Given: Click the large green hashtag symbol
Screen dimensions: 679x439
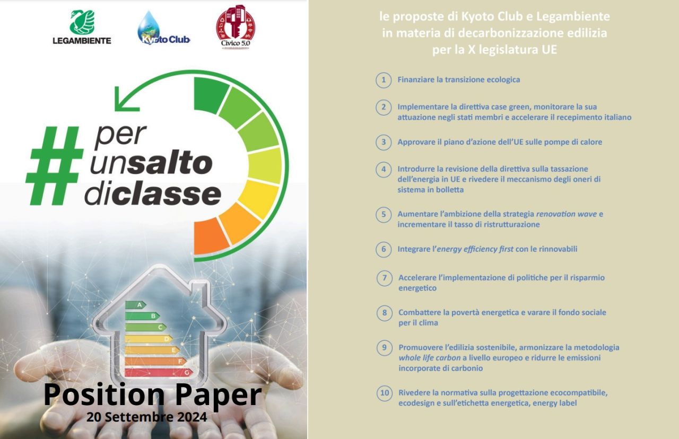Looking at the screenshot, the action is coord(55,165).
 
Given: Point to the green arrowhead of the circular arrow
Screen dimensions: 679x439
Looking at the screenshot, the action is coord(126,99).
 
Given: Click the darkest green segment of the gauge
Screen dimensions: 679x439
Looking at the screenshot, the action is coord(211,94).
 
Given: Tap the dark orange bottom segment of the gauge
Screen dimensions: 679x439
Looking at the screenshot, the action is coord(211,236).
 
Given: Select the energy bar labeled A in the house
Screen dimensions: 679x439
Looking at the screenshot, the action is coord(135,305).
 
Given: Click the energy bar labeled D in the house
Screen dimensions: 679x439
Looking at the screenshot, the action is coord(149,339).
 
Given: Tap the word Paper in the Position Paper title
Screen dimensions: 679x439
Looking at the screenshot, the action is coord(219,396).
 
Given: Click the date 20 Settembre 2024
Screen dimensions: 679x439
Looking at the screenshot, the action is coord(147,417).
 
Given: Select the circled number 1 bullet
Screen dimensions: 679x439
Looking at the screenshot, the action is coord(384,80).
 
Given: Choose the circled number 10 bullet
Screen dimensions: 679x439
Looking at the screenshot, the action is coord(385,393).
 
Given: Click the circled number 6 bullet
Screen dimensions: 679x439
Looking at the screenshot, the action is coord(384,249).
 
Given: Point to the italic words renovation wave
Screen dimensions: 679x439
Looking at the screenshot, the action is coord(566,214).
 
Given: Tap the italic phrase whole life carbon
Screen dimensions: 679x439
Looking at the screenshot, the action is coord(429,358).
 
